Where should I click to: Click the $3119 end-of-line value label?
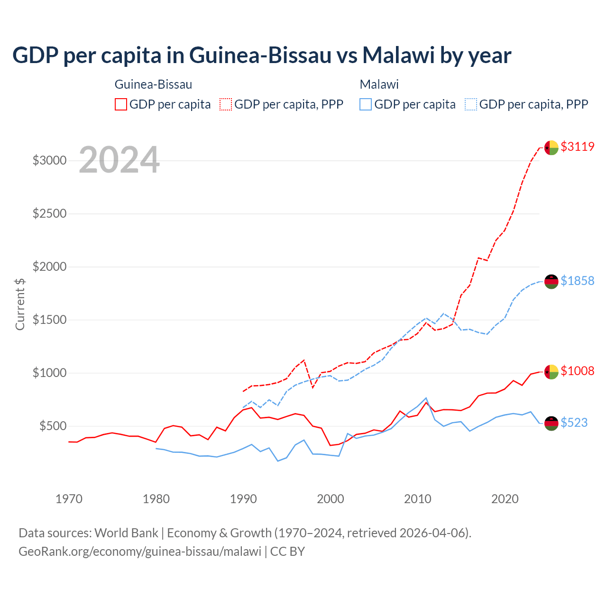tap(577, 147)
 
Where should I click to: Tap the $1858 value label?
tap(577, 281)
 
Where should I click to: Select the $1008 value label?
tap(577, 371)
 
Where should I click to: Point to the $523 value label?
tap(574, 423)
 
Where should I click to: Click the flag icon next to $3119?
tap(551, 147)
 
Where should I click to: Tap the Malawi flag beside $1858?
tap(551, 281)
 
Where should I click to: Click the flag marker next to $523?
tap(551, 423)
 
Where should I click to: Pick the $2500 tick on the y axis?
tap(49, 213)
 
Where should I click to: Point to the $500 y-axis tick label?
tap(53, 426)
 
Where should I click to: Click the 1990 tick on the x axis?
tap(243, 499)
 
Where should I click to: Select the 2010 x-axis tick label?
tap(418, 499)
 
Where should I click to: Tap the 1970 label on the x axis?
tap(69, 499)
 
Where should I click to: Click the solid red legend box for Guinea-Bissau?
tap(121, 104)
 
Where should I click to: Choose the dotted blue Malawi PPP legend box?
tap(471, 104)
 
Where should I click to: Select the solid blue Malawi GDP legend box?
tap(366, 104)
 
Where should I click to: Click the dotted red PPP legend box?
tap(226, 104)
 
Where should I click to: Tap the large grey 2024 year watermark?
tap(119, 160)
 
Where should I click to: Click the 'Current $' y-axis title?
tap(20, 304)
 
